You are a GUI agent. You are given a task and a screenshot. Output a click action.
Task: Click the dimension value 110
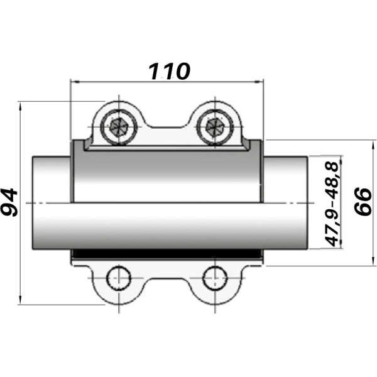click(168, 71)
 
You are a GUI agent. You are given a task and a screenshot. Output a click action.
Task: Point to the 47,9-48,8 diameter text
click(332, 202)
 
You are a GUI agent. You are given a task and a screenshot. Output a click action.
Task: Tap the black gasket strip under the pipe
click(167, 253)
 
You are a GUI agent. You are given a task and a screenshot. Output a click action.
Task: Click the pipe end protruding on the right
click(286, 202)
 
